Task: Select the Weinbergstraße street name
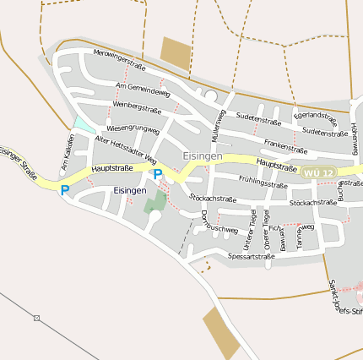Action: coord(137,107)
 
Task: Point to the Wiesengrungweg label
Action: coord(133,128)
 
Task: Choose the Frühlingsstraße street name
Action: coord(263,181)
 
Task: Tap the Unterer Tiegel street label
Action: coord(252,226)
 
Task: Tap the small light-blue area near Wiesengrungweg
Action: coord(83,124)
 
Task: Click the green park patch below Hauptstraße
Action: coord(154,202)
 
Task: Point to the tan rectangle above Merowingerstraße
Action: coord(176,52)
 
